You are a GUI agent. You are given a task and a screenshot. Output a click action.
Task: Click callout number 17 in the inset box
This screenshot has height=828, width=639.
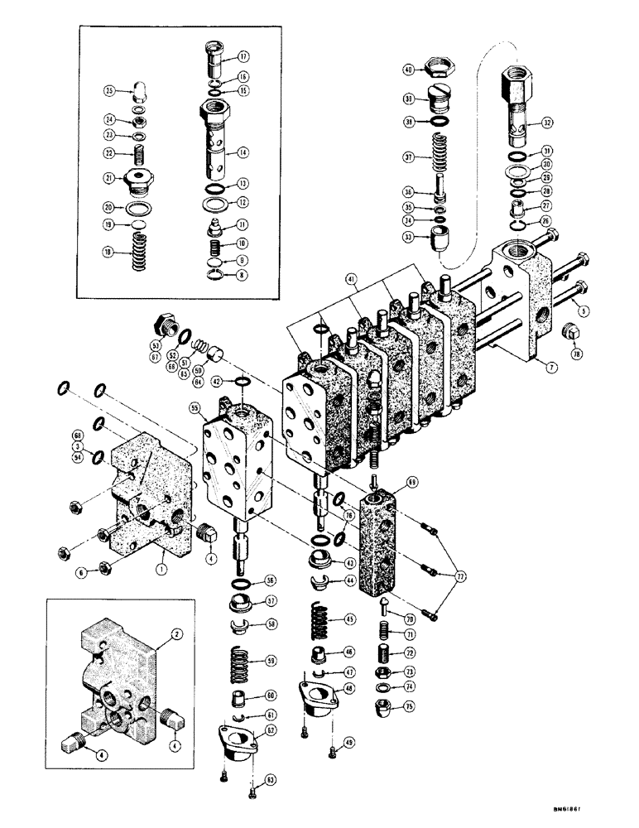click(243, 57)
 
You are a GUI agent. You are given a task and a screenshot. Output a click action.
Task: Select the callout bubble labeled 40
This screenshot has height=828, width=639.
click(408, 70)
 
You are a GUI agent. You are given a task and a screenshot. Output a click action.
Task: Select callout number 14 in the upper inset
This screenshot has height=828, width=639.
click(243, 153)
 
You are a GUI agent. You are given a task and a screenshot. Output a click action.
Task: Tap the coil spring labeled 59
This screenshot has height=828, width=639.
click(236, 661)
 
